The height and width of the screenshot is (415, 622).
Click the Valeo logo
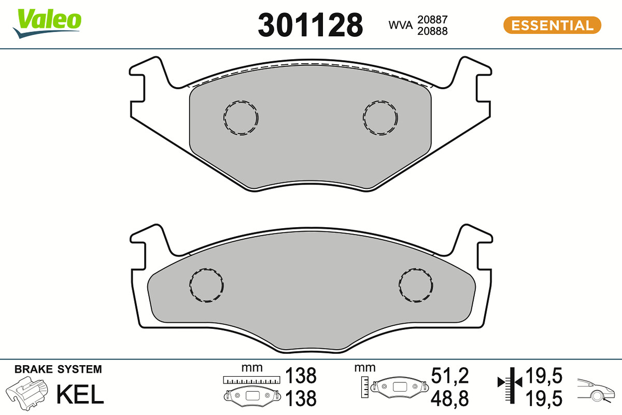(47, 23)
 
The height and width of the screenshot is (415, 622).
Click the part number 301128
(310, 25)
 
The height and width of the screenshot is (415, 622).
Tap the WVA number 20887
(432, 20)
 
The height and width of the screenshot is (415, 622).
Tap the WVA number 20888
(432, 31)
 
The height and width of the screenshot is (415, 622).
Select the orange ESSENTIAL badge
(552, 25)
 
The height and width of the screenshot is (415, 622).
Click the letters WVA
(400, 25)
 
